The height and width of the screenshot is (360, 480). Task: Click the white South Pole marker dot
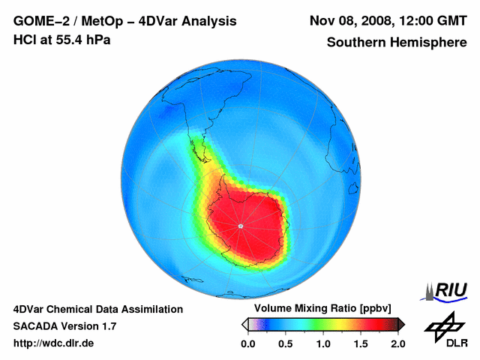coord(240,226)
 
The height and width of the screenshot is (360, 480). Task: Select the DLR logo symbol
coord(445,325)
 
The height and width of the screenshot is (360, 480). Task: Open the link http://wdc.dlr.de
coord(54,343)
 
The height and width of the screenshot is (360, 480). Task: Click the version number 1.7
coord(107,326)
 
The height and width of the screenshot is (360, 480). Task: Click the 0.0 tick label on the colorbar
coord(248,343)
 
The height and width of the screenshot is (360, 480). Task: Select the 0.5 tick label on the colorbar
coord(286,343)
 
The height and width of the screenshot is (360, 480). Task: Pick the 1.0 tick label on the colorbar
coord(323,343)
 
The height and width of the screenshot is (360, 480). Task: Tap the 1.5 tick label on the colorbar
coord(361,343)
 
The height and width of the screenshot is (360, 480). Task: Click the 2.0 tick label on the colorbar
coord(397,343)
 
